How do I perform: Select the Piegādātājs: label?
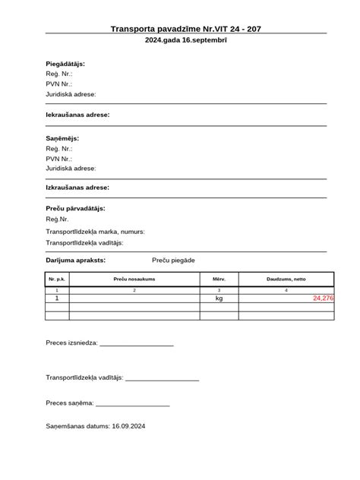pyautogui.click(x=65, y=64)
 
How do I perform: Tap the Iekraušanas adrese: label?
pyautogui.click(x=77, y=114)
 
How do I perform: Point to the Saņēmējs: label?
pyautogui.click(x=62, y=139)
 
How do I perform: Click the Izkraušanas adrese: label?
pyautogui.click(x=77, y=187)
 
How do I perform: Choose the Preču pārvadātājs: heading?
pyautogui.click(x=75, y=208)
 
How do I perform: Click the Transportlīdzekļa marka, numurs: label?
pyautogui.click(x=96, y=232)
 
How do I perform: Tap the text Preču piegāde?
pyautogui.click(x=173, y=260)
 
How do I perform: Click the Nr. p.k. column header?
pyautogui.click(x=58, y=279)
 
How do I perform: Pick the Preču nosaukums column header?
pyautogui.click(x=134, y=279)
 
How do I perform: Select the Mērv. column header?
pyautogui.click(x=219, y=279)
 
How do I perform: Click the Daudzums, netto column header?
pyautogui.click(x=286, y=279)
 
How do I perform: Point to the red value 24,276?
pyautogui.click(x=323, y=298)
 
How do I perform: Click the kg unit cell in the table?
pyautogui.click(x=219, y=298)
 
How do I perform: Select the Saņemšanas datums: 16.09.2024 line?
pyautogui.click(x=96, y=427)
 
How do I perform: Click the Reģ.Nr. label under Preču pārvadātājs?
pyautogui.click(x=58, y=220)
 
